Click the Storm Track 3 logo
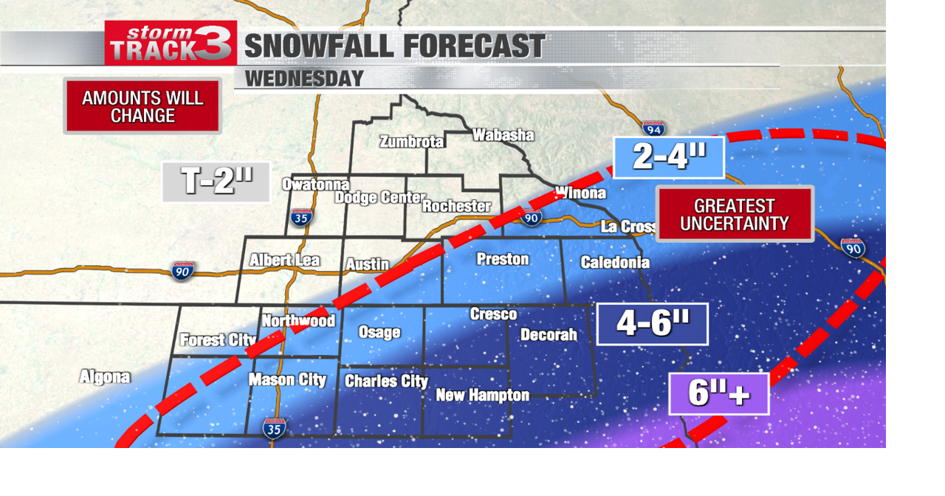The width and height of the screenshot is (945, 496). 171,44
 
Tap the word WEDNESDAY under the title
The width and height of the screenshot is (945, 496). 304,78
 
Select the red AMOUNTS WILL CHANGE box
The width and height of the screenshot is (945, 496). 142,106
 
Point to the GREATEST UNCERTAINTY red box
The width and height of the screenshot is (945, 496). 735,214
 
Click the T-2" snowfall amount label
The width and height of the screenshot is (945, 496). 216,182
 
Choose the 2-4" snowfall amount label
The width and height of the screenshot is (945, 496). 669,157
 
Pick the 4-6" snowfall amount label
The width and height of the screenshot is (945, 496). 653,323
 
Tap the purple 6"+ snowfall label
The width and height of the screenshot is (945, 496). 718,393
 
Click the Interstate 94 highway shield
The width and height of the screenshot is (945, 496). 653,129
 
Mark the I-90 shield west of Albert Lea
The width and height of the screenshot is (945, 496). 183,271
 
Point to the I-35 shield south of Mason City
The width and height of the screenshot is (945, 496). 274,428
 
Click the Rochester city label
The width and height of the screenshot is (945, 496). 456,206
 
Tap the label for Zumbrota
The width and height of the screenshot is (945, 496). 411,142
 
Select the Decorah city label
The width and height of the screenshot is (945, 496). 549,334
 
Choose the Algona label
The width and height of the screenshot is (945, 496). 105,377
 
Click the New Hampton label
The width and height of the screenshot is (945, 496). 482,395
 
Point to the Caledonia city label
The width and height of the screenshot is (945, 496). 615,262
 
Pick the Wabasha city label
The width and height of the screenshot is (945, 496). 503,135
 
